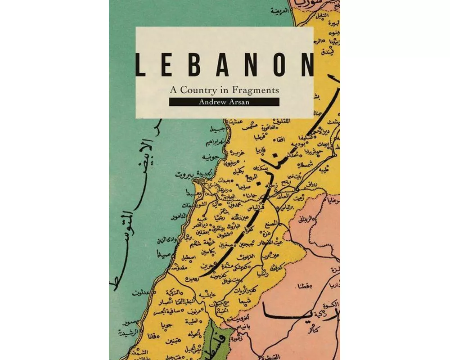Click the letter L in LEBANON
pos(141,65)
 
